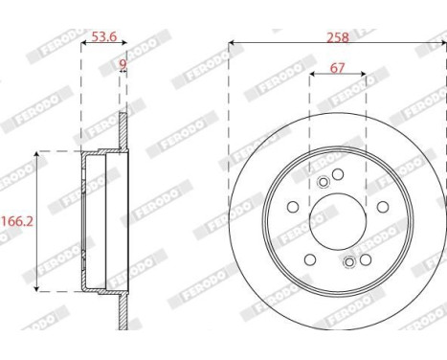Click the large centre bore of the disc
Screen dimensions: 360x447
(336, 220)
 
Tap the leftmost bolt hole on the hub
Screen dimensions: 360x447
(292, 207)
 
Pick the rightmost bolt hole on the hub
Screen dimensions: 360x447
(382, 207)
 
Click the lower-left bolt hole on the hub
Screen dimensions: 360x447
(309, 259)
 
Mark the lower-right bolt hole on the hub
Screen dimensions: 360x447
(365, 259)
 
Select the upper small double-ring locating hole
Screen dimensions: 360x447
(323, 183)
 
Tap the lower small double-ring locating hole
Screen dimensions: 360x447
(349, 261)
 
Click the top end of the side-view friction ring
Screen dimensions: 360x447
(123, 116)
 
